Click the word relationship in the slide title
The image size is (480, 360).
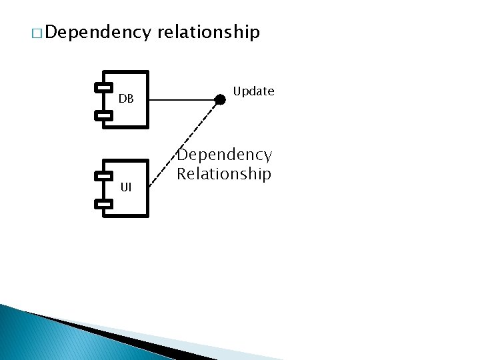click(209, 33)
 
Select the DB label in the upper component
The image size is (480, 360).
click(127, 99)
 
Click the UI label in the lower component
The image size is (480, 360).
click(126, 188)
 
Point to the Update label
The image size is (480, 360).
click(253, 91)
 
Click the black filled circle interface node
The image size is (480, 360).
click(220, 100)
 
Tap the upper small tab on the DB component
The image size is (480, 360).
click(103, 87)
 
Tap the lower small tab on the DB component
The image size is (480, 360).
click(103, 115)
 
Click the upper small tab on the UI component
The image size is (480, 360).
click(103, 176)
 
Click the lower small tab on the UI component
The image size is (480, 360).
click(103, 204)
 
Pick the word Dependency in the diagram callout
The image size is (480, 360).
click(224, 155)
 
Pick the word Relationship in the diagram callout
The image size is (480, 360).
click(224, 174)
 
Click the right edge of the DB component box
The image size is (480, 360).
click(147, 99)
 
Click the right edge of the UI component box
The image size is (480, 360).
click(147, 189)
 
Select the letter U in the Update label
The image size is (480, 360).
click(237, 91)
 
